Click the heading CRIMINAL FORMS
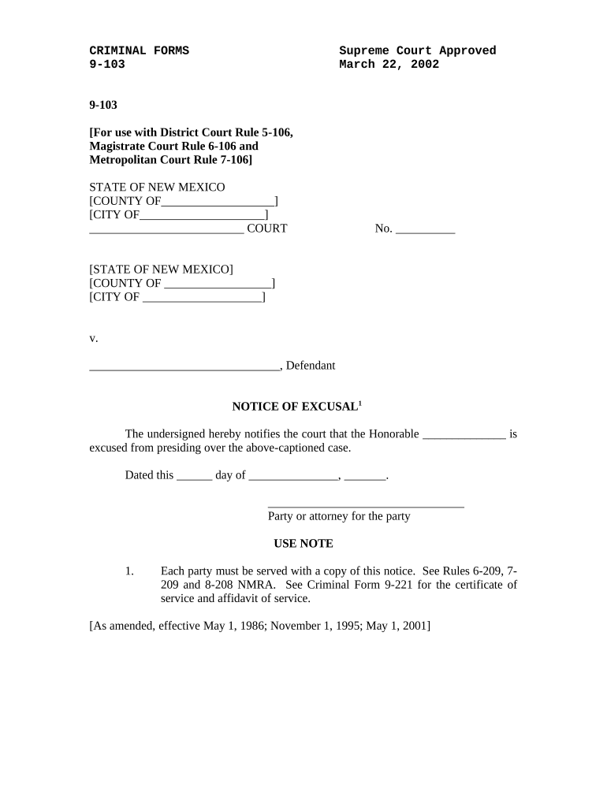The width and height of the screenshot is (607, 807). point(139,51)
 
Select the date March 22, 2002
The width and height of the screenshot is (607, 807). point(389,65)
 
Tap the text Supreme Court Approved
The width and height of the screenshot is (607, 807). point(417,51)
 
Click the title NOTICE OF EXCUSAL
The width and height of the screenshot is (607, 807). point(294,407)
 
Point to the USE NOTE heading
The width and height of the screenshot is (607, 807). point(303,544)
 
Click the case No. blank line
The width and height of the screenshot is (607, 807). point(425,230)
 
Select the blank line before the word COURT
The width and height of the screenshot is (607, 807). point(166,230)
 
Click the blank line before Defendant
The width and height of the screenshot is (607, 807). point(184,366)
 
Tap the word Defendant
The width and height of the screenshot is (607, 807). point(311,366)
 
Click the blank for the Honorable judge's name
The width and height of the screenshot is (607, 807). point(464,435)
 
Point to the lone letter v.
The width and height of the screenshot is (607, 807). point(93,338)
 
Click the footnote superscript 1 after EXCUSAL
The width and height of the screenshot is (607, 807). point(360,403)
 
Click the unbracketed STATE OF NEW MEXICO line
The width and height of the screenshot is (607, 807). point(157,188)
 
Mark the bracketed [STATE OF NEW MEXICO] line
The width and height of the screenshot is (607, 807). point(161,270)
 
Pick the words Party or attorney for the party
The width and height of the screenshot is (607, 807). point(339,517)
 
